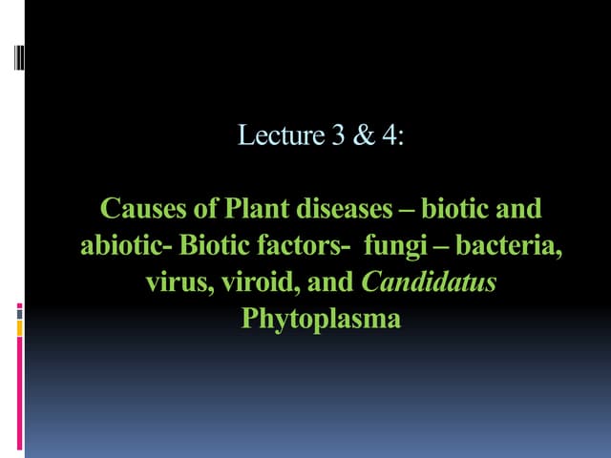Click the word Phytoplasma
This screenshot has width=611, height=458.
click(x=321, y=318)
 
